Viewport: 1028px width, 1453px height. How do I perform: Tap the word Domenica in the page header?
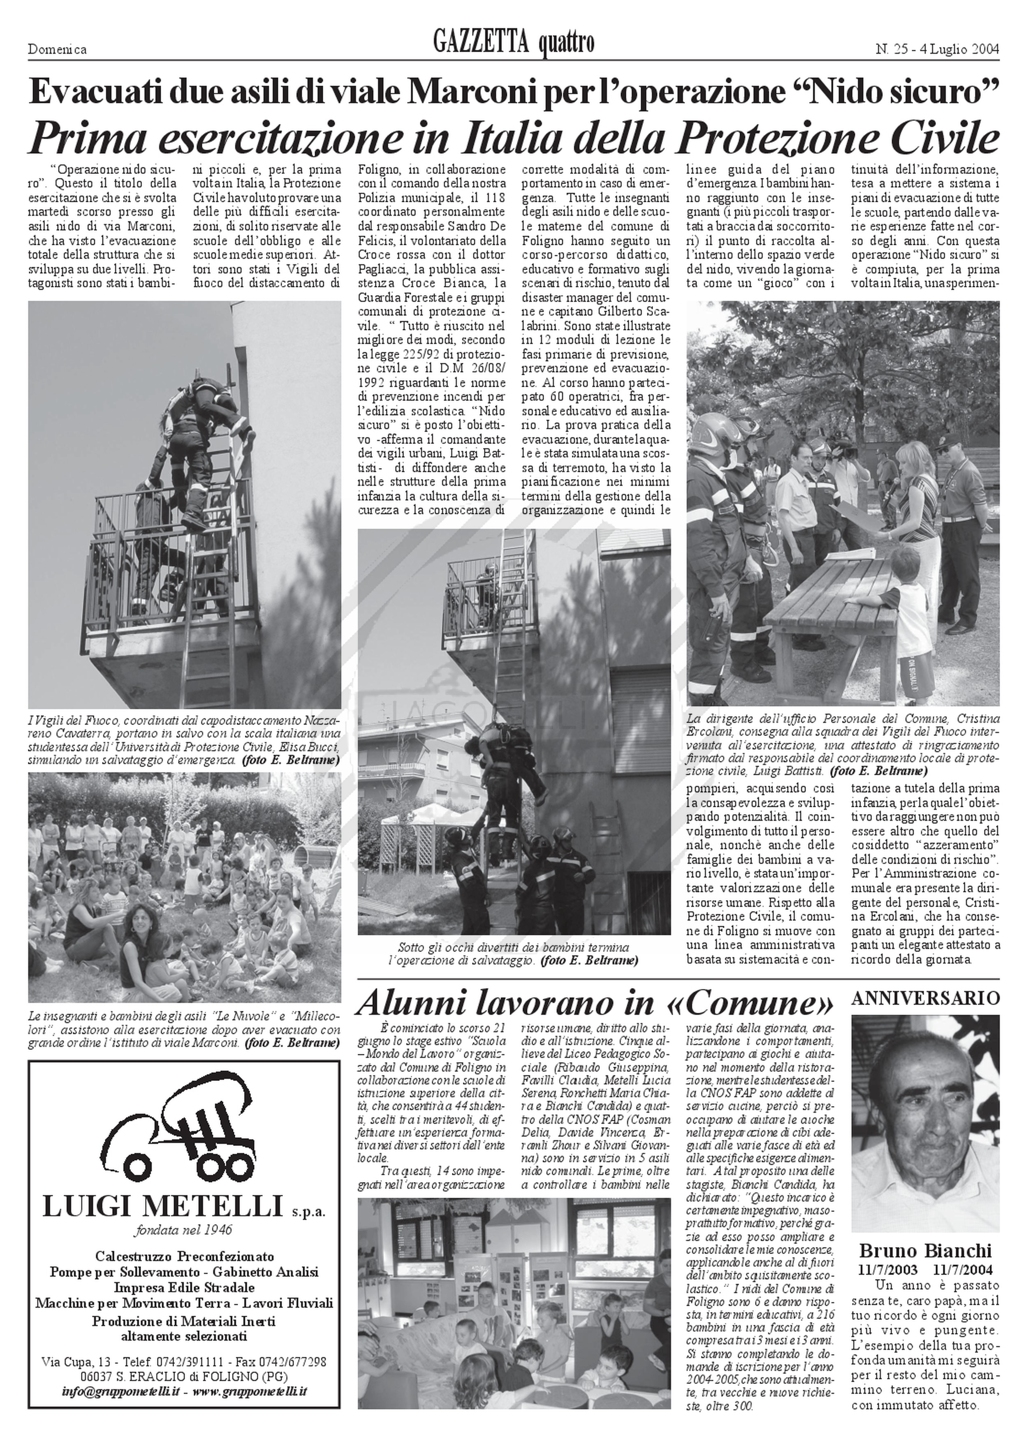click(57, 49)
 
